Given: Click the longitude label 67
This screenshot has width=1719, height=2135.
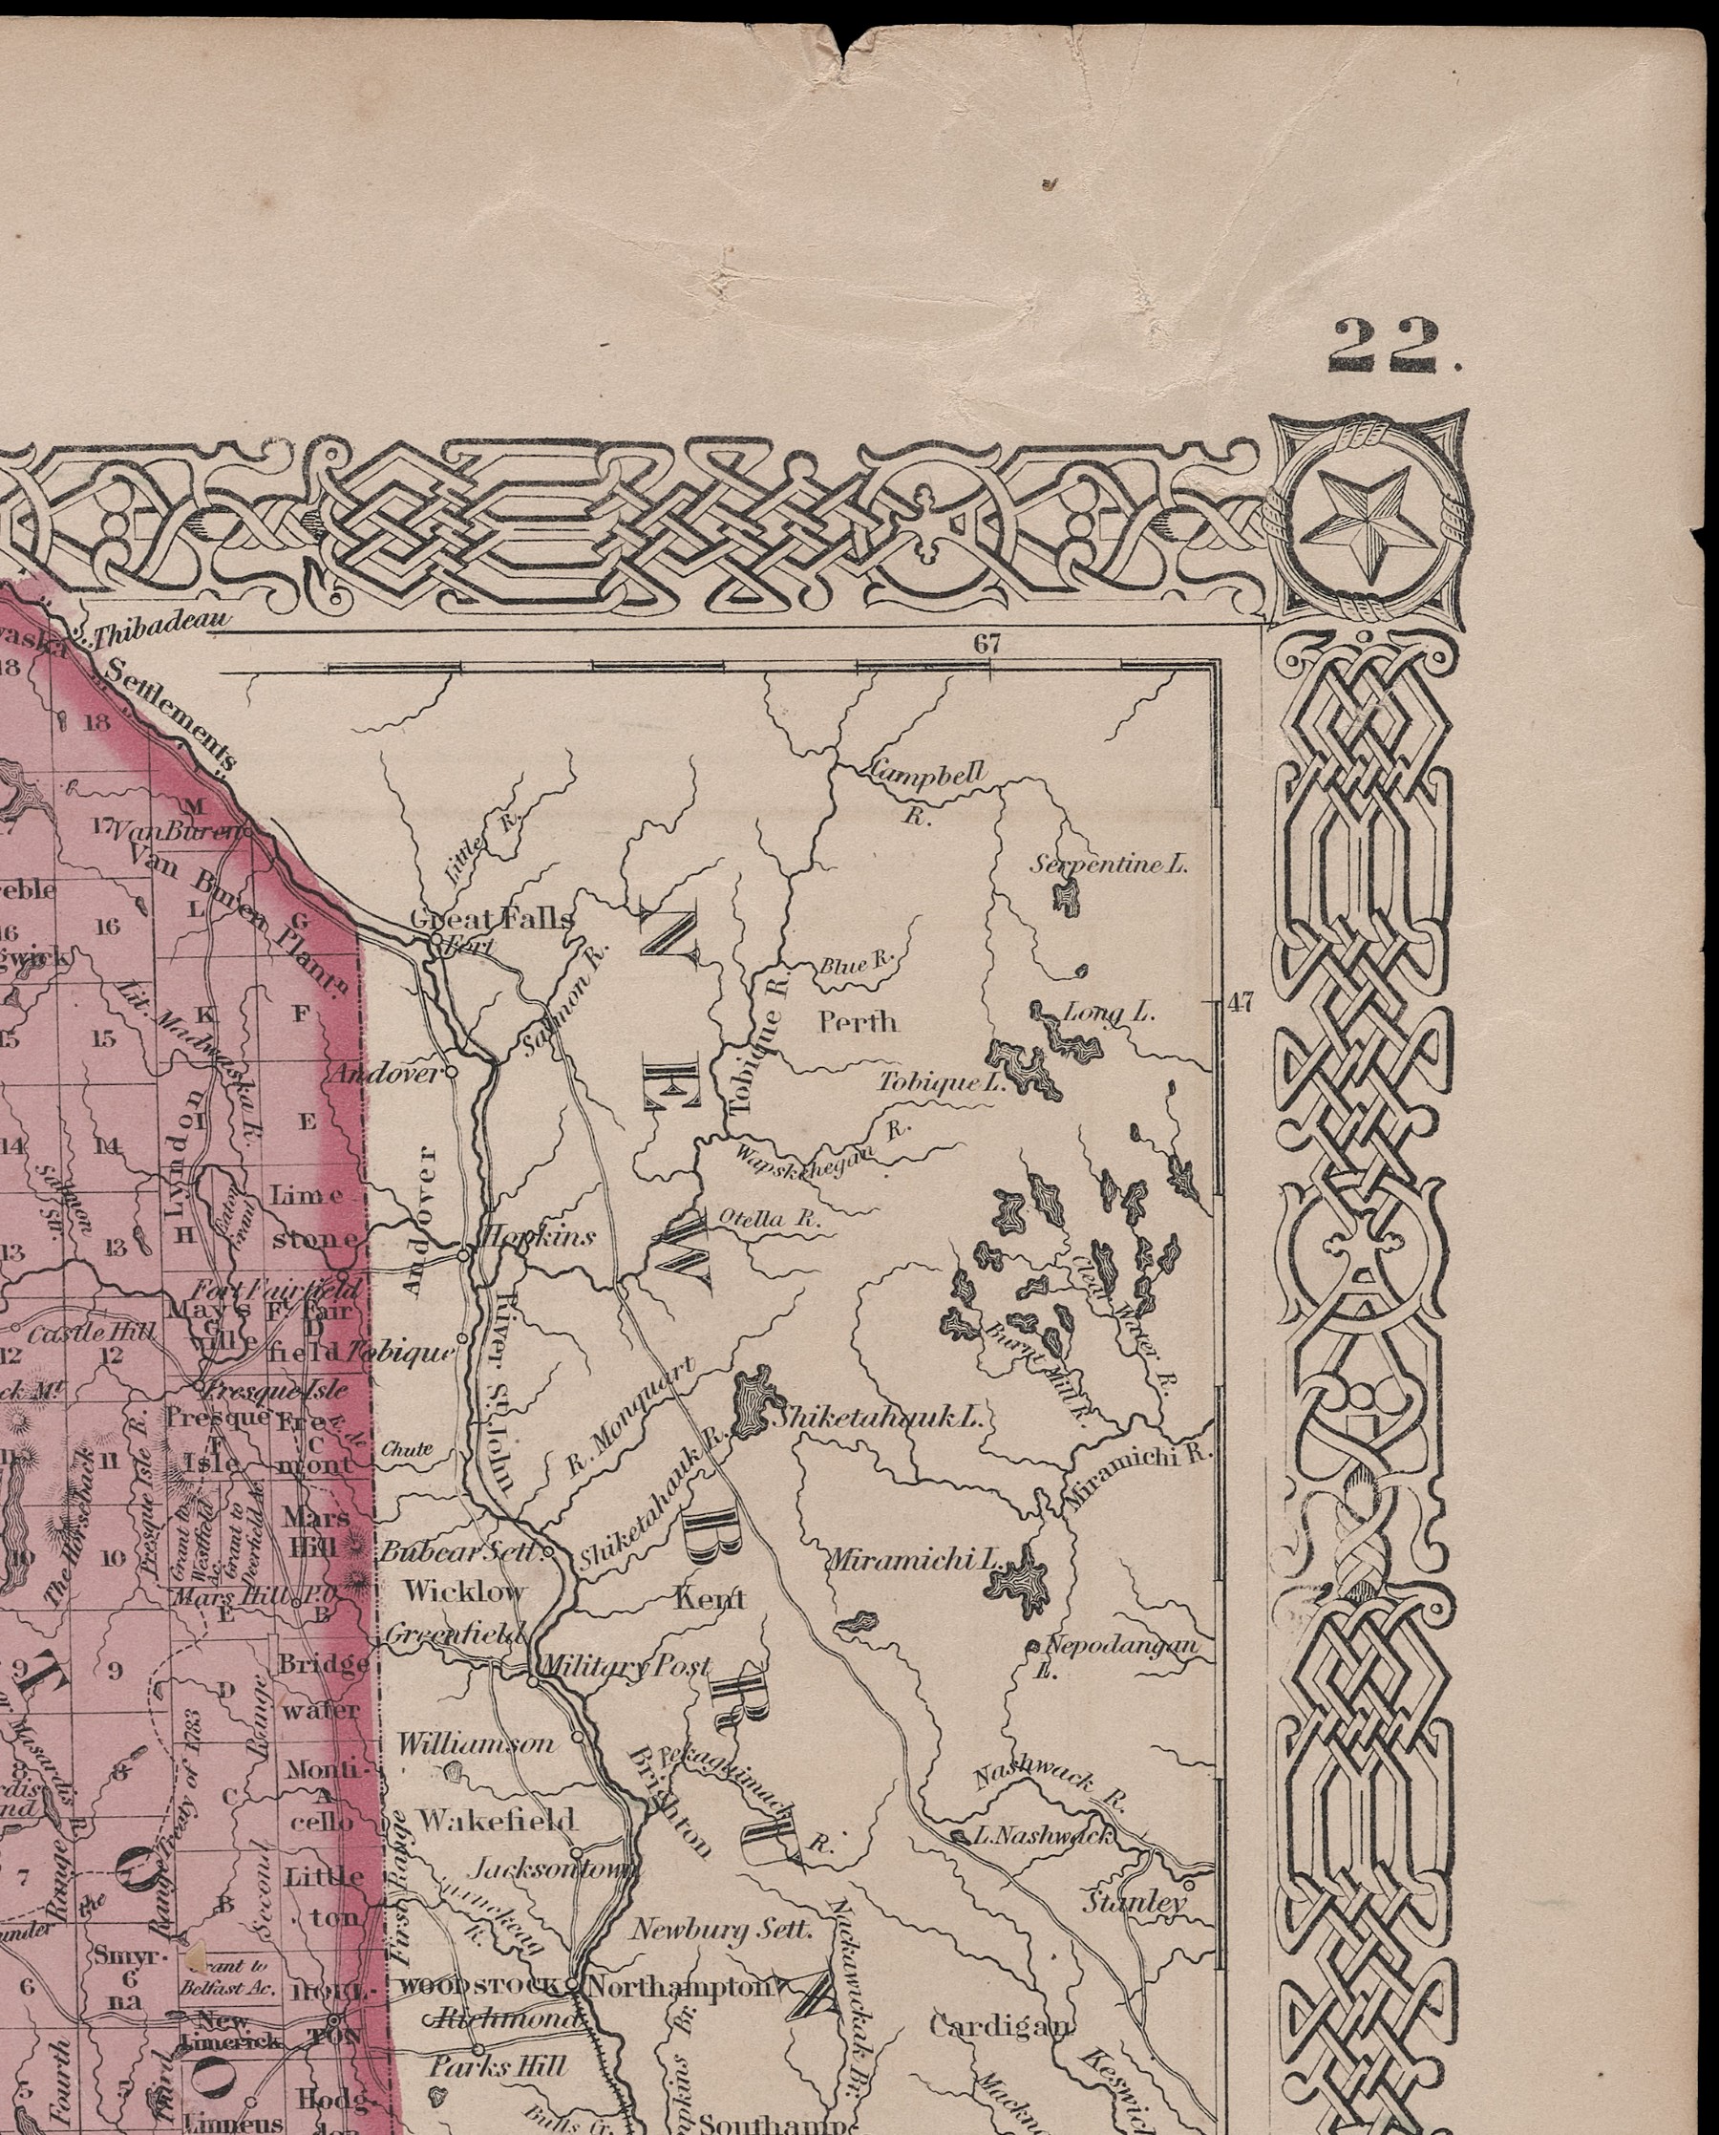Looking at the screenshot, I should (987, 644).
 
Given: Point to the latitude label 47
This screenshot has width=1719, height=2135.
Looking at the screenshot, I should (1241, 1003).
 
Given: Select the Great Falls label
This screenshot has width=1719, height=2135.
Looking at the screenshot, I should (492, 919).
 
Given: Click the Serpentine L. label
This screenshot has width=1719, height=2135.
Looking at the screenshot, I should (1109, 865).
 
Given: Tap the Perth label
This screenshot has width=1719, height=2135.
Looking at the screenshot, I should (858, 1022).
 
